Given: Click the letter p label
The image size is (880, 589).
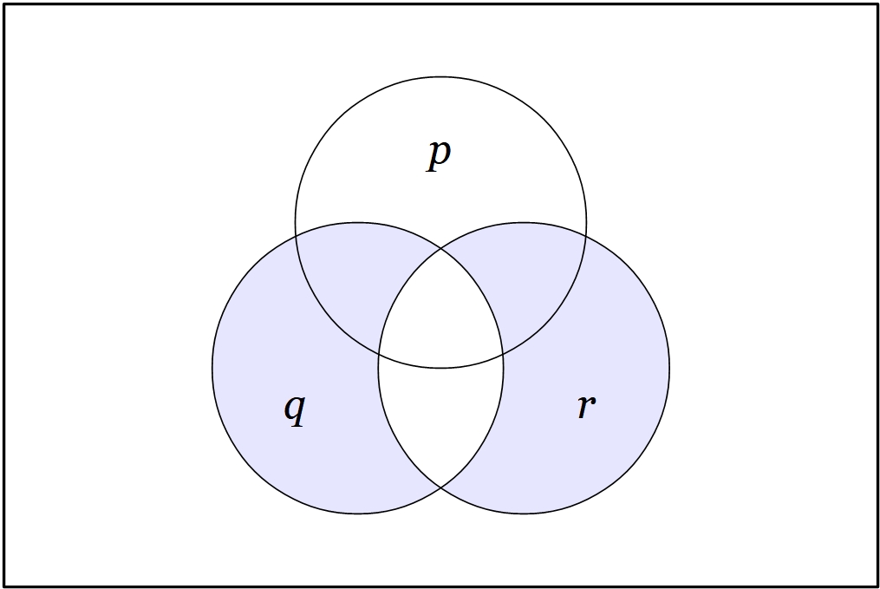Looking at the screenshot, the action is [x=439, y=155].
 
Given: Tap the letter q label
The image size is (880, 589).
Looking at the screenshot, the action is [x=295, y=410].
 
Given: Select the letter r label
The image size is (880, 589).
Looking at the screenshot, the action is [x=586, y=406].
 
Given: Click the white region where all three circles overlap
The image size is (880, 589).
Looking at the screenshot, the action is [x=440, y=317].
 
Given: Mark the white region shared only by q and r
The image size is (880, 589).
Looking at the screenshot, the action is [x=440, y=421].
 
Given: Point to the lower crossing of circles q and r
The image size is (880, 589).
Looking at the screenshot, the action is [x=440, y=488].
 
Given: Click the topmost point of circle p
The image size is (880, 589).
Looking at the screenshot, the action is [x=440, y=77].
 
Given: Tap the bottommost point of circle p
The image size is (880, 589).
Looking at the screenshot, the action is [x=440, y=369].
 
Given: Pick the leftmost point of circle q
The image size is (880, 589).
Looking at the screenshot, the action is [x=212, y=368].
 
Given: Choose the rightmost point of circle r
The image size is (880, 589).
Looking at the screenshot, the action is [x=669, y=368].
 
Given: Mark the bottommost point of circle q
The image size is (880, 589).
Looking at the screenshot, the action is [x=357, y=514].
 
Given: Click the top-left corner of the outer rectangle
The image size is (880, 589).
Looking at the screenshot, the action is [x=5, y=5].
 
